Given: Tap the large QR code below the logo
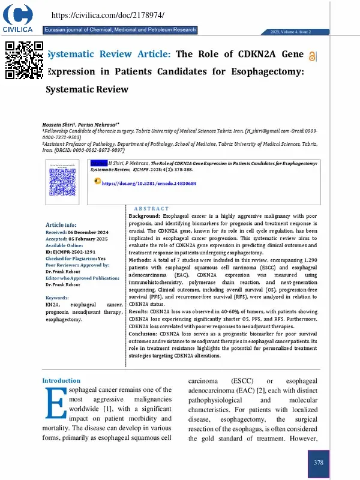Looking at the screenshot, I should [25, 60].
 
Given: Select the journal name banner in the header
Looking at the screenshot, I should [120, 30].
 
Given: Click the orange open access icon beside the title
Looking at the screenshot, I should [313, 56].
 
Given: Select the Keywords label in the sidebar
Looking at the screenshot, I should [57, 298].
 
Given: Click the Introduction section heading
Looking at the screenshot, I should [61, 380].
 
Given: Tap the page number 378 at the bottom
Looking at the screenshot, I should [319, 463].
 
